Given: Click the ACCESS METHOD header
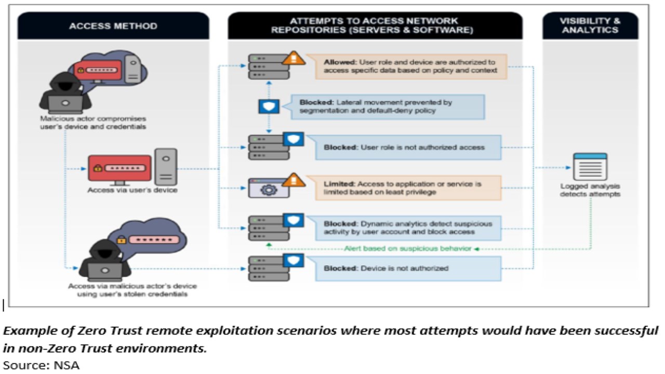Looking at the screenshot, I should pyautogui.click(x=113, y=25).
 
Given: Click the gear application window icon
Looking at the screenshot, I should pyautogui.click(x=269, y=188).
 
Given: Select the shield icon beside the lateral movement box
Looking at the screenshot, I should pyautogui.click(x=269, y=106).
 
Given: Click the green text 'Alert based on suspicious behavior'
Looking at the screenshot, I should pyautogui.click(x=407, y=248).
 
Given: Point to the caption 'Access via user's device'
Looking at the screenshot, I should pyautogui.click(x=132, y=190).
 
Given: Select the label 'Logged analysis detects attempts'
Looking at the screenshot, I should pyautogui.click(x=590, y=190).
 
